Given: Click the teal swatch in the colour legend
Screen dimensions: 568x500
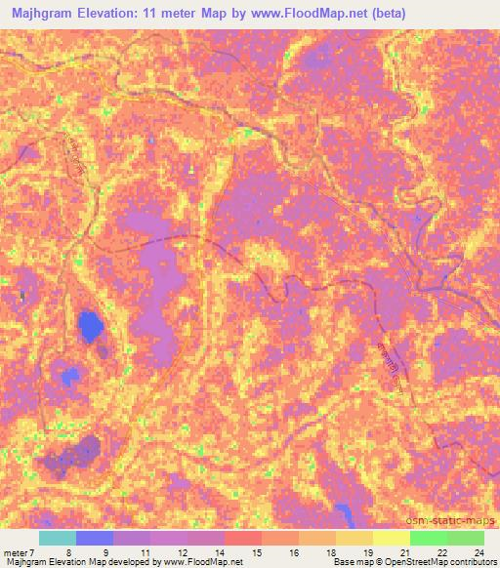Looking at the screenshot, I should [58, 538].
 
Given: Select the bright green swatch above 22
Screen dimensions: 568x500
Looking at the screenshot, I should [428, 538].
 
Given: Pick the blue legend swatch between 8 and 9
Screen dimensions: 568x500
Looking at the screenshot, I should [95, 538].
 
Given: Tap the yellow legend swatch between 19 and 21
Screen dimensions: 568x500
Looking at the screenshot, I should [391, 538].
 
